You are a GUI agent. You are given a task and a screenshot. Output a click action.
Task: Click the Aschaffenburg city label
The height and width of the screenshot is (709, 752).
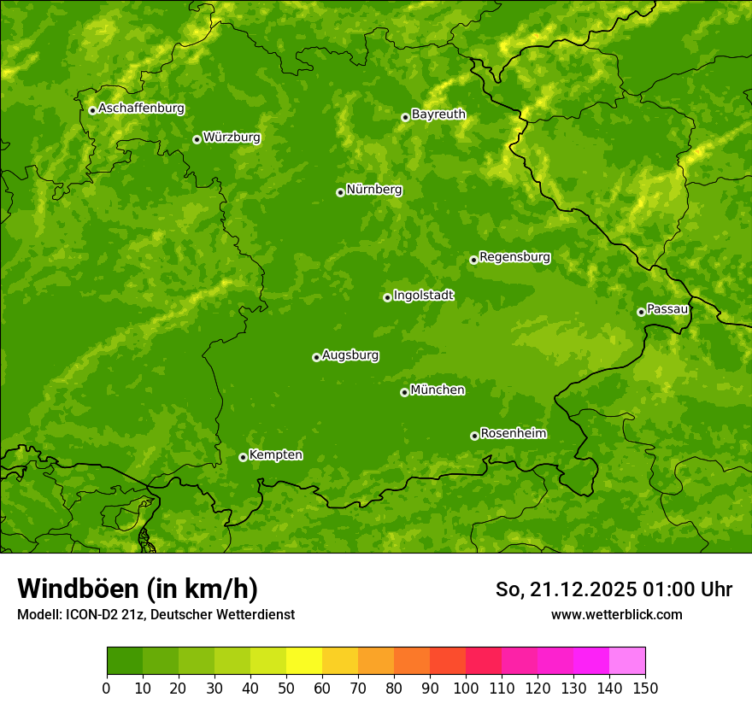click(x=141, y=108)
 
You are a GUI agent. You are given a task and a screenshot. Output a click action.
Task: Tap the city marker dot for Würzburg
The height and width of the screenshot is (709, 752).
click(x=197, y=139)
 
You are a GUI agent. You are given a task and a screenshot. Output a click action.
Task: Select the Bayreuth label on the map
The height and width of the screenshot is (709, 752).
click(x=438, y=114)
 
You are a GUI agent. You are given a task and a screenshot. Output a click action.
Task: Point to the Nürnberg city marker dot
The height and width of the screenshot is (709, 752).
click(x=340, y=192)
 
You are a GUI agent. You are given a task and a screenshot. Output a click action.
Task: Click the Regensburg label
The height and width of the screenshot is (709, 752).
click(x=514, y=257)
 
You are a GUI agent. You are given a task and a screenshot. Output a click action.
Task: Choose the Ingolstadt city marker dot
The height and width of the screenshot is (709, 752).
click(x=387, y=297)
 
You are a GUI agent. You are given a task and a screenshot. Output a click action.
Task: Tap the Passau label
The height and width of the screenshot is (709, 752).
click(x=667, y=309)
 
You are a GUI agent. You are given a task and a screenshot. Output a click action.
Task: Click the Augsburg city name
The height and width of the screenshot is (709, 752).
click(x=350, y=355)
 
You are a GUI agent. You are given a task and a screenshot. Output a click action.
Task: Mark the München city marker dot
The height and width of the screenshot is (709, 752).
click(x=404, y=392)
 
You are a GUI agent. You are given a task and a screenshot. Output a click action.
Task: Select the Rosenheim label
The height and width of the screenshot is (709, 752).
click(x=513, y=433)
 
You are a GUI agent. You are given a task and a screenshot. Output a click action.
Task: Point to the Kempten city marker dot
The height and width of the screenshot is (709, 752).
click(x=243, y=457)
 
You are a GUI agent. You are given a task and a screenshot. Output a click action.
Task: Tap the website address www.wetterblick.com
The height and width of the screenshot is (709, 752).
click(x=617, y=614)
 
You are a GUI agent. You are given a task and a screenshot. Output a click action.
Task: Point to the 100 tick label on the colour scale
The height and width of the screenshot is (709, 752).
click(x=466, y=688)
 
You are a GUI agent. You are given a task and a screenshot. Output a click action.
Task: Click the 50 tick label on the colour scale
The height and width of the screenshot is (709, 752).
click(x=286, y=688)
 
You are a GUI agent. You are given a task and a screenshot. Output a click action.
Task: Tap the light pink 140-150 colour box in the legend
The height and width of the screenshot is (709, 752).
click(x=627, y=661)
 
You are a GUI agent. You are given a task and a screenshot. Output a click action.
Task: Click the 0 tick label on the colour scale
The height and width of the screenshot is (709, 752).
click(x=107, y=688)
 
